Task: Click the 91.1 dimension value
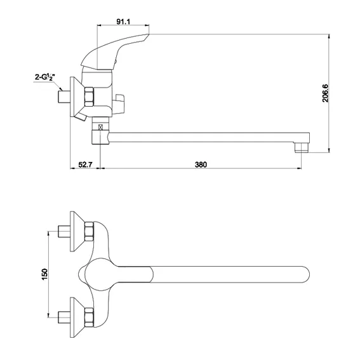click(x=123, y=22)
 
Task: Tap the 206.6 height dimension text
click(x=325, y=93)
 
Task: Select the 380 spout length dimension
click(x=201, y=164)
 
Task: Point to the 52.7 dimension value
click(x=86, y=164)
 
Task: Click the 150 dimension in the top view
click(x=44, y=274)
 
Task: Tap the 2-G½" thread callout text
click(x=45, y=77)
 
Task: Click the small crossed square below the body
click(x=100, y=127)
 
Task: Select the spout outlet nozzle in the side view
click(x=301, y=148)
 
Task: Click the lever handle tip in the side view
click(x=149, y=34)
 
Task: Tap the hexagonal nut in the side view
click(x=89, y=97)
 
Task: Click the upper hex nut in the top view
click(x=89, y=231)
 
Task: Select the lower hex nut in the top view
click(x=89, y=317)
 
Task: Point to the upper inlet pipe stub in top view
click(x=64, y=231)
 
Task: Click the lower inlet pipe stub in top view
click(x=64, y=317)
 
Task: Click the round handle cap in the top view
click(x=99, y=274)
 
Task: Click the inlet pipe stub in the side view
click(x=64, y=97)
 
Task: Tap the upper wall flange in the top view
click(x=77, y=231)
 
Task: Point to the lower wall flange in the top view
click(x=77, y=317)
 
